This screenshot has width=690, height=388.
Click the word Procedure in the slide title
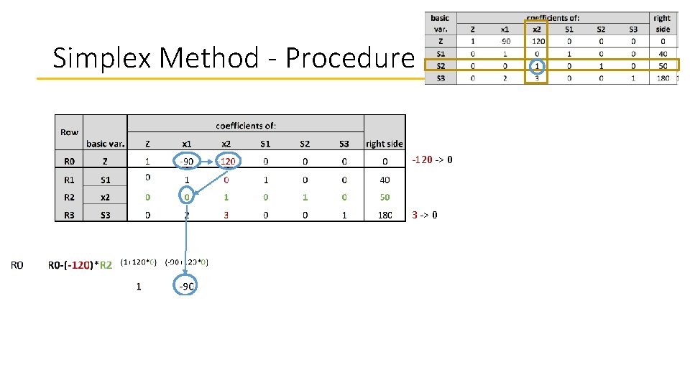coord(351,57)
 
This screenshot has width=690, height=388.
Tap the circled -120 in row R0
coord(226,161)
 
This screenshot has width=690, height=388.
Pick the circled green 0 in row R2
coord(187,197)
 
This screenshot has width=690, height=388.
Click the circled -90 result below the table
coord(185,287)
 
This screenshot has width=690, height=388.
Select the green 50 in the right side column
coord(385,197)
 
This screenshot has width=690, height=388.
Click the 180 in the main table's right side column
coord(385,215)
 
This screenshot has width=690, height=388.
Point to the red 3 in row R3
coord(226,215)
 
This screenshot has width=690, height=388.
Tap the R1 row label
coord(69,180)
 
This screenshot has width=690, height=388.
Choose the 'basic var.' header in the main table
coord(106,144)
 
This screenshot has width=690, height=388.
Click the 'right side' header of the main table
coord(385,144)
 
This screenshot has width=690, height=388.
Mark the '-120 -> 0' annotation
coord(432,160)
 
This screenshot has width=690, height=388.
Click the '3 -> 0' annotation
coord(425,215)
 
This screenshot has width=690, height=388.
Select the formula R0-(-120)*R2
coord(80,265)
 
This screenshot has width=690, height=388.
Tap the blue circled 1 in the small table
coord(536,65)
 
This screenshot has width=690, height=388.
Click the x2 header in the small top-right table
coord(536,29)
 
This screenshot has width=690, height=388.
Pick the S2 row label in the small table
coord(440,65)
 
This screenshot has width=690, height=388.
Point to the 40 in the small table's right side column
coord(662,53)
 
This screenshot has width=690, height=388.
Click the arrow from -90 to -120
coord(206,161)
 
